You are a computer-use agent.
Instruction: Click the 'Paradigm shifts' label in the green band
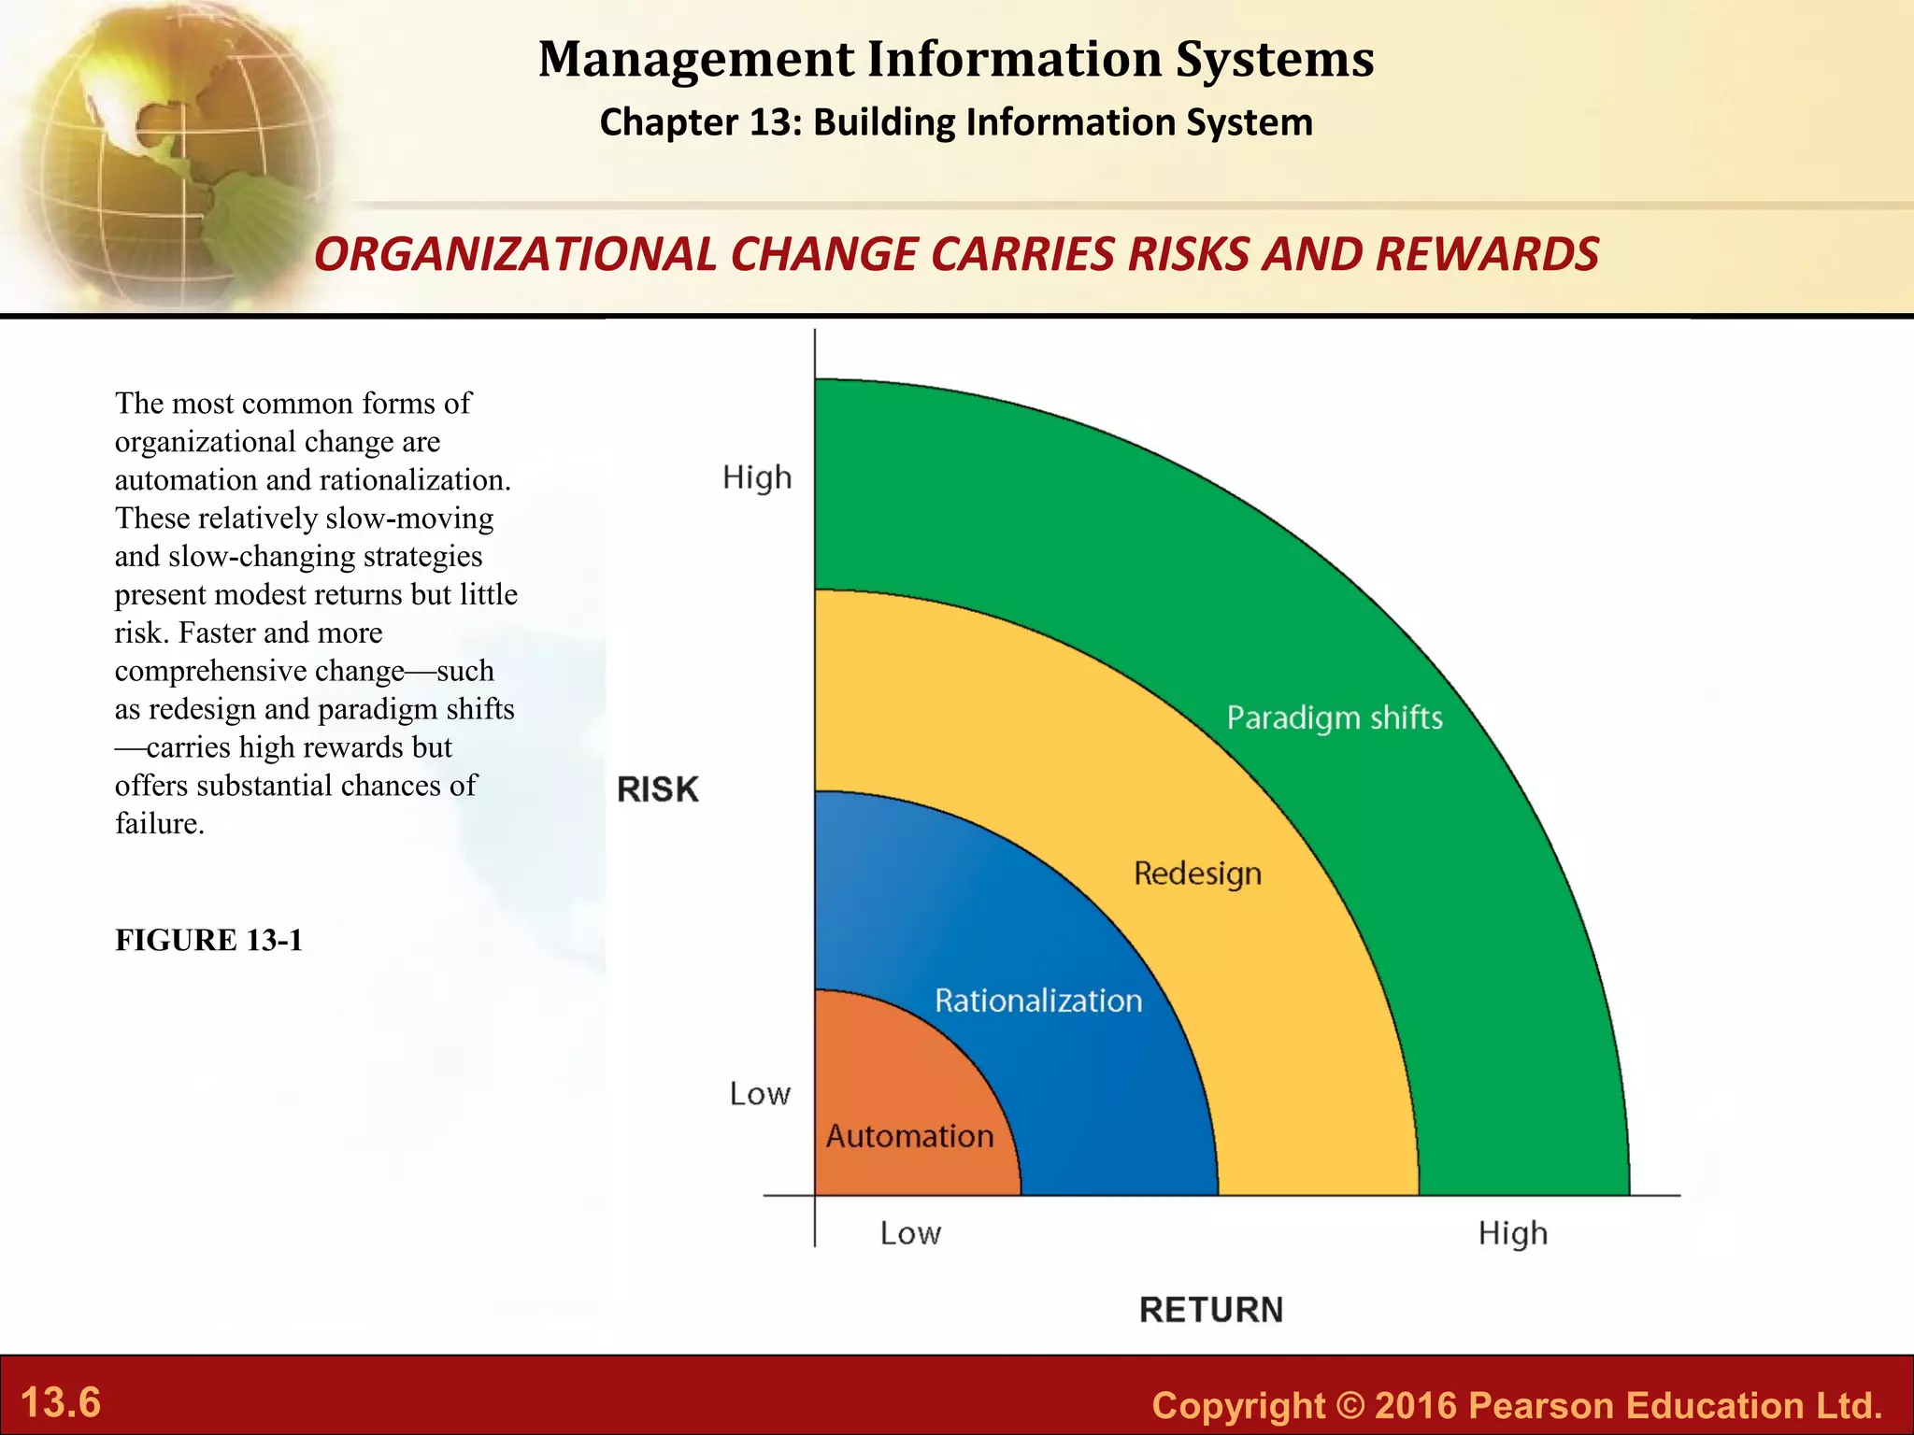1334,717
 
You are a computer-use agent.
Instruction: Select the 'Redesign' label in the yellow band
1197,874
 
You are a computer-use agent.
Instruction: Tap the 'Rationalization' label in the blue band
1038,1001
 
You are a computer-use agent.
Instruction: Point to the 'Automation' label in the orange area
909,1136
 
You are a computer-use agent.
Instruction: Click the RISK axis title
658,789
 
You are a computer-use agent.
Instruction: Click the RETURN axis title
1211,1310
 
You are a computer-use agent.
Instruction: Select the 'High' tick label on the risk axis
757,477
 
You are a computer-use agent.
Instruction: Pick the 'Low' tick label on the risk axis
760,1093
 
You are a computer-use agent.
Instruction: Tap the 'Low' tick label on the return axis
910,1233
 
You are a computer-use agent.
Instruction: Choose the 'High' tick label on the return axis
1512,1233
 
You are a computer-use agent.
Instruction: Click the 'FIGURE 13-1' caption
209,940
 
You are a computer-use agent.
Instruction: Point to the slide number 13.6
61,1402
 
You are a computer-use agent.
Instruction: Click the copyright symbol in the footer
1350,1405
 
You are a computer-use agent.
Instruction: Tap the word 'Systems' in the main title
1275,59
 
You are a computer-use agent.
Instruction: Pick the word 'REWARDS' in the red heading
1487,254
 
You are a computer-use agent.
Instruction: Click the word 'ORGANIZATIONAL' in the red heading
515,254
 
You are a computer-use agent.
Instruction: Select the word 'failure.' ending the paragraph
160,824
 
